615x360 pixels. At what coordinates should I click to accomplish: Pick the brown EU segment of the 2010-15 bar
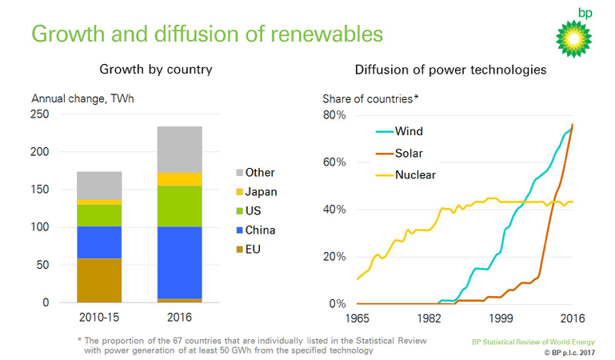click(x=99, y=280)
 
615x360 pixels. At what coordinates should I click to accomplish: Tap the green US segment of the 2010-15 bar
click(x=99, y=215)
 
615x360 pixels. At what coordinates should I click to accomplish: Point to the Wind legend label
click(x=409, y=131)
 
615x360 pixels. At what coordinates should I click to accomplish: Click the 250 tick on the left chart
click(x=39, y=114)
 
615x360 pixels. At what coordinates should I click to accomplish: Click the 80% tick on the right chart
click(x=334, y=115)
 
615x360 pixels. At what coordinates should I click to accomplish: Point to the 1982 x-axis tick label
click(x=429, y=318)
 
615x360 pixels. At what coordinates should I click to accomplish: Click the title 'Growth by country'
click(x=155, y=70)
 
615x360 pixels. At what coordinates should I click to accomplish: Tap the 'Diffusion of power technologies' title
click(x=450, y=70)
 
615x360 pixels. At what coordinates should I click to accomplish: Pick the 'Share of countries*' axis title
click(x=370, y=99)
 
